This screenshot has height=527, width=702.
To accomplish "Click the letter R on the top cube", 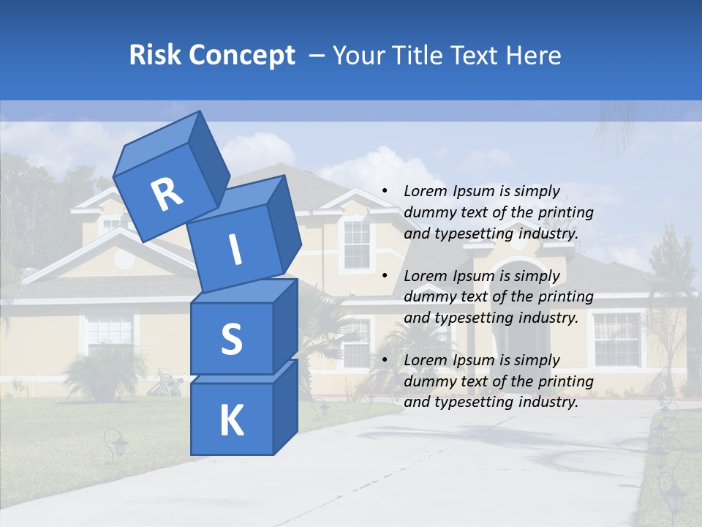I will coord(167,194).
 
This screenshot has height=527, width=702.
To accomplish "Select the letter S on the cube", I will coord(231,339).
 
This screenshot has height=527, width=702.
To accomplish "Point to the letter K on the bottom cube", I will coord(231,421).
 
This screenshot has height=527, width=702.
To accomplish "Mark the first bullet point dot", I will coord(385,192).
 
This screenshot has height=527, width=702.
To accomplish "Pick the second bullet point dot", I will coord(385,276).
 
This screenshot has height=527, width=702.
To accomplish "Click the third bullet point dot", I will coord(385,360).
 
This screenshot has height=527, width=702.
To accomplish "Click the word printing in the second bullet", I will coord(565,296).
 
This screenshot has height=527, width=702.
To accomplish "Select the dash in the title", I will coord(317,55).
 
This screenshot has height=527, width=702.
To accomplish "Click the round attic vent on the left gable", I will coord(125,257).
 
